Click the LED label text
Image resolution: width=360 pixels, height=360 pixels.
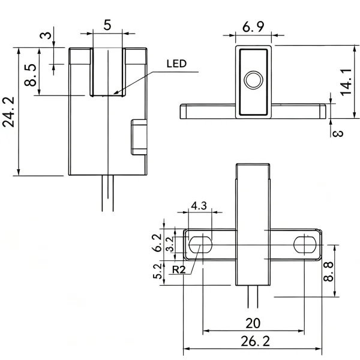(176, 64)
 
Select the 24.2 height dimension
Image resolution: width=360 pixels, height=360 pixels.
(8, 112)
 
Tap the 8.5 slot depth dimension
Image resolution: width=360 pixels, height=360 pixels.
(31, 75)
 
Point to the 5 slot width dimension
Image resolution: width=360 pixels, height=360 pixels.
(107, 25)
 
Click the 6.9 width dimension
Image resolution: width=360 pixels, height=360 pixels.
(253, 27)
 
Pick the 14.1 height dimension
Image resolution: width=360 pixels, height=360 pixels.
(346, 82)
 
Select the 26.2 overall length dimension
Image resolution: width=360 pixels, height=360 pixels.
(255, 341)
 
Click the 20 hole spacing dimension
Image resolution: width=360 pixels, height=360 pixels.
(253, 323)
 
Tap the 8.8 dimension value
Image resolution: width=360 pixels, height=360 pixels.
(329, 272)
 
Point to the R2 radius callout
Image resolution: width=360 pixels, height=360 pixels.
(179, 269)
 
